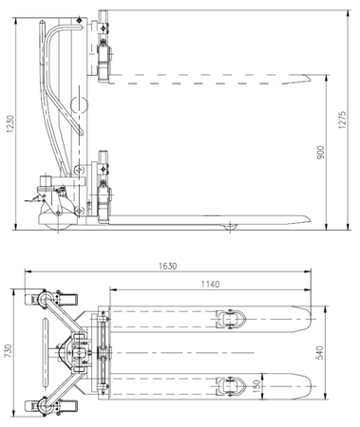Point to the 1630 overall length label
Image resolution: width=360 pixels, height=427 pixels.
[x=167, y=267]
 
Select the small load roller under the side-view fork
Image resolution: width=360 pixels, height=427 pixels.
[x=229, y=227]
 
